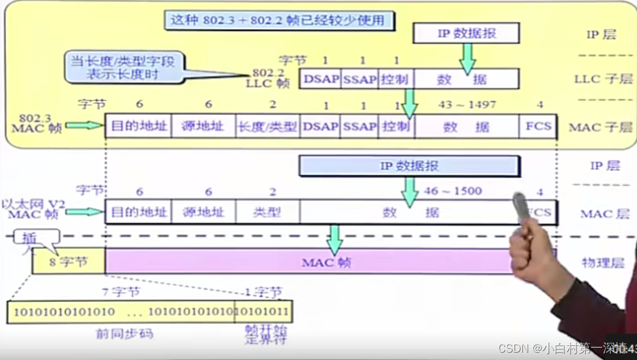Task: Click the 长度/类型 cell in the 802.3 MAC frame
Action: click(267, 127)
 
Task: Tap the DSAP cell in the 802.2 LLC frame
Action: click(319, 79)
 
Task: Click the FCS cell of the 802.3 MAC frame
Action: click(538, 127)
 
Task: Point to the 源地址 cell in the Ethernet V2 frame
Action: click(203, 212)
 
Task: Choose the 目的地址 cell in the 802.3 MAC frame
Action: click(139, 127)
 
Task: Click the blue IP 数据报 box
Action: click(409, 166)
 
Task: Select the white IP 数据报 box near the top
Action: click(466, 34)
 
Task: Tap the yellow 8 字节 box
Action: click(68, 262)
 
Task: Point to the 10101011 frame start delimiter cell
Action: click(263, 312)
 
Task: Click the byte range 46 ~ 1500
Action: click(454, 191)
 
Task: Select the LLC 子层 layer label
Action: click(603, 79)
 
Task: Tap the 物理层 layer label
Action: click(603, 263)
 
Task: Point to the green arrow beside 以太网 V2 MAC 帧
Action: click(85, 212)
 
